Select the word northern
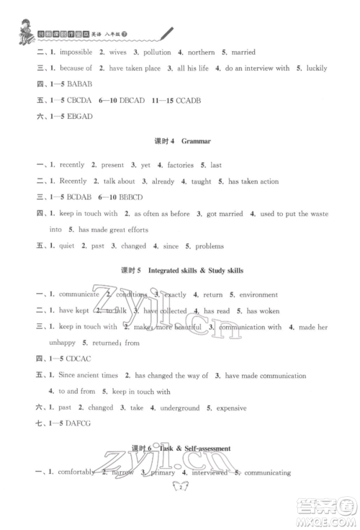(x=209, y=52)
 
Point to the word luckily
(x=314, y=68)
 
